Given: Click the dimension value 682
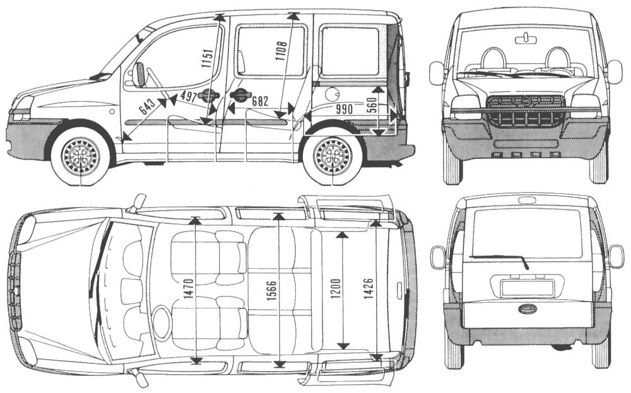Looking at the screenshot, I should pos(259,101).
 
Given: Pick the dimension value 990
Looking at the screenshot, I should pos(344,109).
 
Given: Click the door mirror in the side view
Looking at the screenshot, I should pos(139,75).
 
